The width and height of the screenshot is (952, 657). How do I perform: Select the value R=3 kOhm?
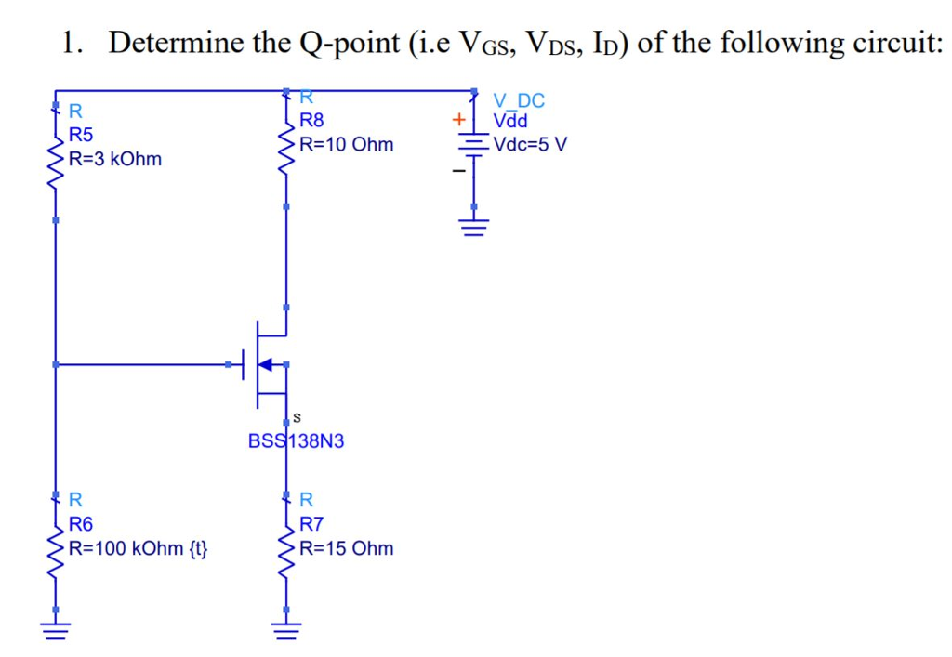[115, 159]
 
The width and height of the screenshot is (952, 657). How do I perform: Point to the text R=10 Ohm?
[347, 145]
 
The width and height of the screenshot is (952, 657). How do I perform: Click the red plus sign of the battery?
[456, 120]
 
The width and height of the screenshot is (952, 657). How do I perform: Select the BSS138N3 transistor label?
[296, 440]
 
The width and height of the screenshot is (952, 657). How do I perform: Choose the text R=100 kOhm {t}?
[139, 548]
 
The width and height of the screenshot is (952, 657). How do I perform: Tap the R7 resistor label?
[312, 526]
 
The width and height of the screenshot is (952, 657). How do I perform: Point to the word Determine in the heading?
[176, 43]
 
